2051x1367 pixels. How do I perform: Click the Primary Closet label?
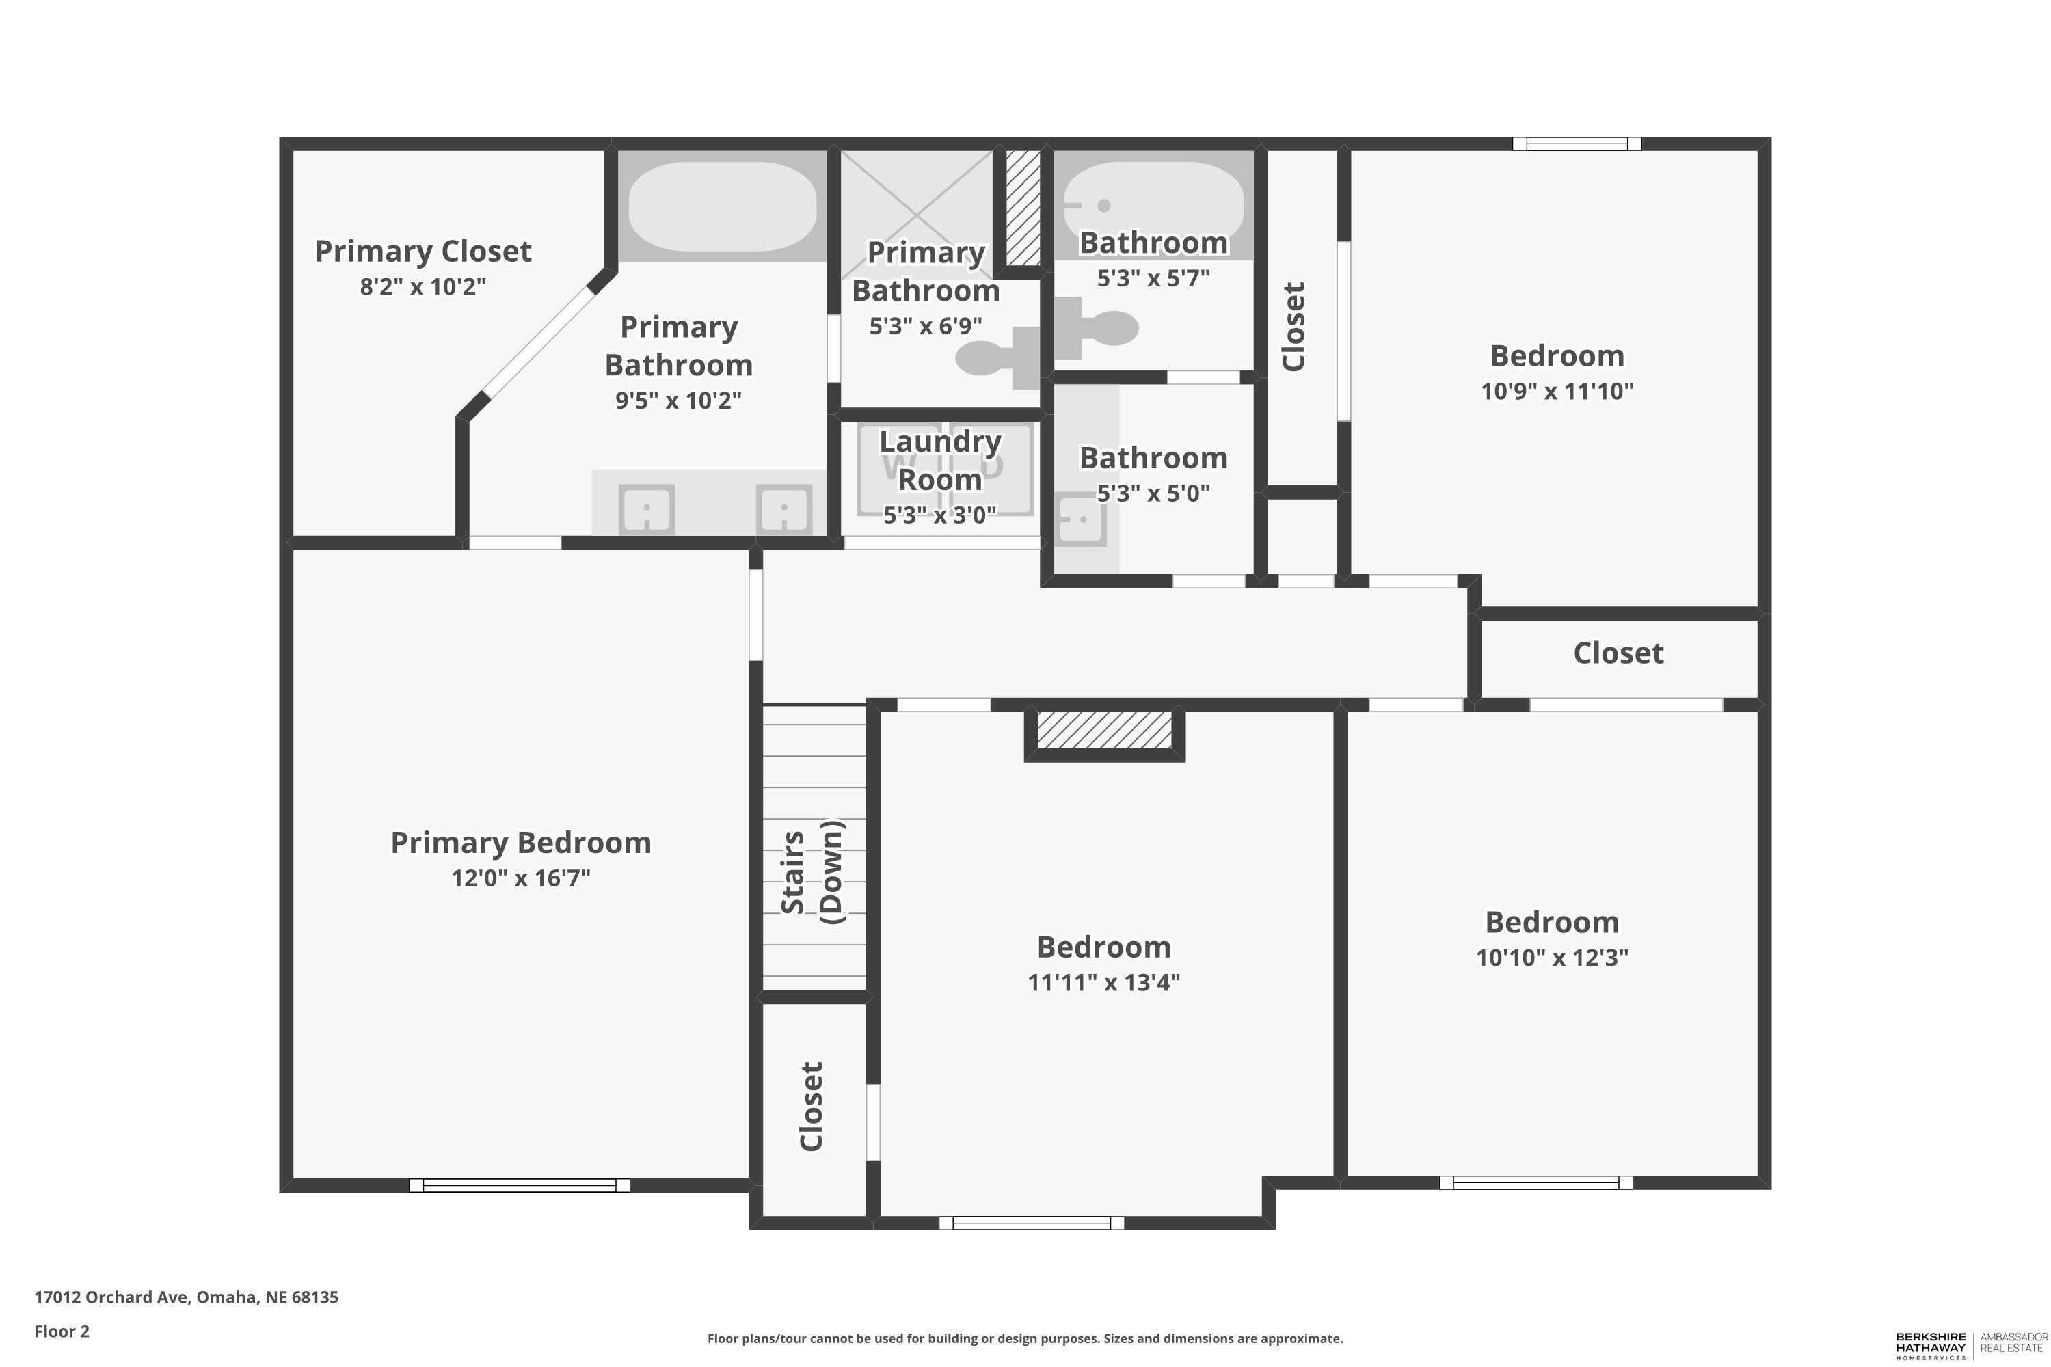pyautogui.click(x=423, y=251)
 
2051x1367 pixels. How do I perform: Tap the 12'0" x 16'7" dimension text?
pyautogui.click(x=520, y=878)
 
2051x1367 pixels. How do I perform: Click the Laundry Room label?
pyautogui.click(x=940, y=460)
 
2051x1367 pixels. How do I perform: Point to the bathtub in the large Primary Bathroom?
pyautogui.click(x=723, y=206)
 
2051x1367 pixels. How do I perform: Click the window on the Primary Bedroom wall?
pyautogui.click(x=520, y=1185)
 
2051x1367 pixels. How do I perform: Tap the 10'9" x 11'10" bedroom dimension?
pyautogui.click(x=1557, y=392)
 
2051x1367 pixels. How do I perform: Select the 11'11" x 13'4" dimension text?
pyautogui.click(x=1104, y=983)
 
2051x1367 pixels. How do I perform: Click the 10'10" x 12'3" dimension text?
pyautogui.click(x=1552, y=958)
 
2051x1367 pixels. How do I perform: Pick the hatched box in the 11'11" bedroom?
pyautogui.click(x=1104, y=730)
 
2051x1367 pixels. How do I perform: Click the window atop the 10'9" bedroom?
pyautogui.click(x=1577, y=144)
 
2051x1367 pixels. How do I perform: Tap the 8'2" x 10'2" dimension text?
pyautogui.click(x=423, y=287)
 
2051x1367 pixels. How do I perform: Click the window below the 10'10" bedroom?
pyautogui.click(x=1536, y=1182)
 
